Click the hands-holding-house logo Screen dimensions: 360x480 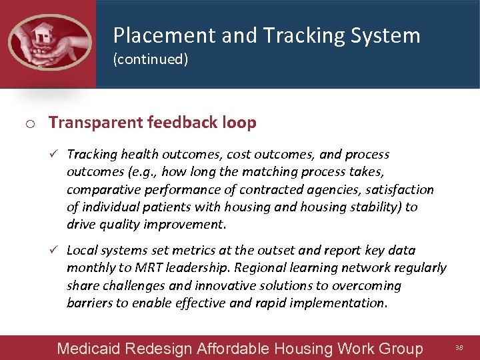pos(49,43)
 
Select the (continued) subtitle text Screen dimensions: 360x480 pos(151,59)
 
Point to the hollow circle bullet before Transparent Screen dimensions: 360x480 pos(31,123)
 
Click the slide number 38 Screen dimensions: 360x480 pos(459,347)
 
